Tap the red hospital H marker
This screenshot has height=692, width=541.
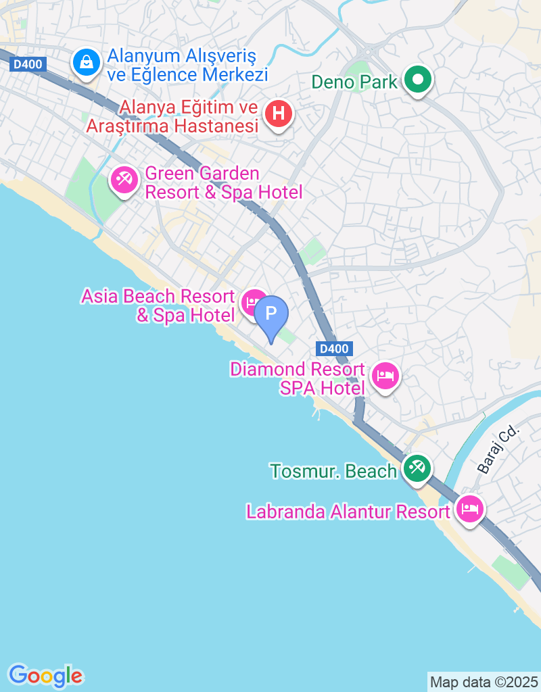point(278,113)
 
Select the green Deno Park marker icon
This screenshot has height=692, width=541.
point(418,80)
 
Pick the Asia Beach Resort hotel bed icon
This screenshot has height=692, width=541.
point(254,301)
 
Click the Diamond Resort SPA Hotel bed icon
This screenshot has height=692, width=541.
point(385,376)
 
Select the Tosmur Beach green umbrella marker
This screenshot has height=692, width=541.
point(417,467)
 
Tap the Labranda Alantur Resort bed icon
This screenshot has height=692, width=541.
point(470,508)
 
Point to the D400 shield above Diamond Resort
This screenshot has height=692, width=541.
point(334,349)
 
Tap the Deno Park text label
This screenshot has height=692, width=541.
point(354,82)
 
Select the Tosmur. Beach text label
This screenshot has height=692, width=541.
point(333,471)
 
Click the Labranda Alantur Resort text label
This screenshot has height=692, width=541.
point(348,512)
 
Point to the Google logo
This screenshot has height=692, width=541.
point(45,675)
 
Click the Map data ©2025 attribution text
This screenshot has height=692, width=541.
point(484,682)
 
